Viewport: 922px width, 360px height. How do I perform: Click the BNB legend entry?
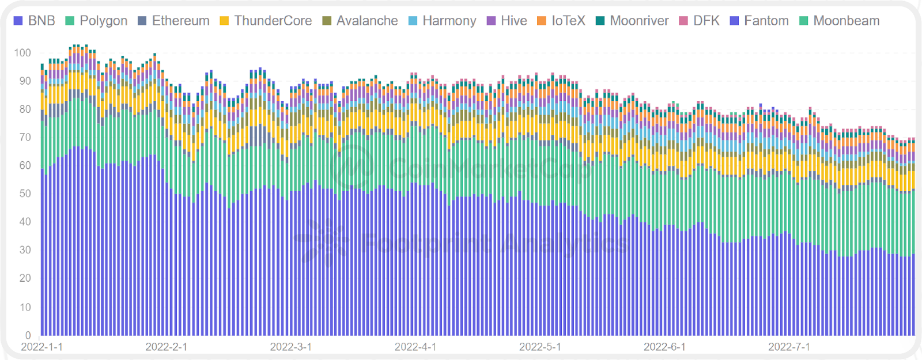tap(35, 21)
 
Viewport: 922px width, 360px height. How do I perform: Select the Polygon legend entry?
tap(97, 21)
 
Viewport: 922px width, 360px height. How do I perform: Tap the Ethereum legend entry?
tap(173, 21)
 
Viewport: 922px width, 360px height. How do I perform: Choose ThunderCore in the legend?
tap(266, 21)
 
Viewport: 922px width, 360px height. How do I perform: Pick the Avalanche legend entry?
tap(360, 21)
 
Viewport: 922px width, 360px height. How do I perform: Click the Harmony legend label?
tap(442, 21)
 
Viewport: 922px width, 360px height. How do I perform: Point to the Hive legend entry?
tap(507, 21)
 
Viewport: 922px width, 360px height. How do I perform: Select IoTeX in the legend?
tap(561, 21)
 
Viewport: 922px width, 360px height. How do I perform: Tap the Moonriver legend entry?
tap(632, 21)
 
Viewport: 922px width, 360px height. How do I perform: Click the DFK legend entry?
tap(700, 21)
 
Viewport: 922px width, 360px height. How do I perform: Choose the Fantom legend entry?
tap(759, 21)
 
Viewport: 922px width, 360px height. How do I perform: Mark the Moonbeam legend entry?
tap(840, 21)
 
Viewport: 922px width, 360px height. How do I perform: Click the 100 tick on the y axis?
tap(22, 53)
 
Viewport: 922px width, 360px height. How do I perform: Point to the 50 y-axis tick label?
tap(25, 194)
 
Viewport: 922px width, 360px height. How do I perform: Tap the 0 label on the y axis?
tap(28, 335)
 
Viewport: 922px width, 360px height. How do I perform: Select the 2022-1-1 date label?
tap(42, 347)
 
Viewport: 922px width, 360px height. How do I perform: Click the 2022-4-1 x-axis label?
tap(415, 347)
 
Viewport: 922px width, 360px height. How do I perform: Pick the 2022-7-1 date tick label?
tap(789, 347)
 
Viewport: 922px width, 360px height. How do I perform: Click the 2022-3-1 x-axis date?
tap(291, 347)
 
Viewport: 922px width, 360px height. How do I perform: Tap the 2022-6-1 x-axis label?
tap(664, 347)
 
